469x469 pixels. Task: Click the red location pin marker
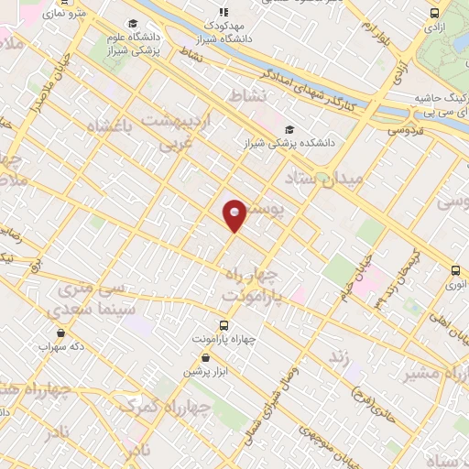[x=234, y=214]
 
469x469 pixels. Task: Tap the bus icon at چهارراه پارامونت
[x=224, y=325]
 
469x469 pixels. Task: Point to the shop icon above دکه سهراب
[x=60, y=333]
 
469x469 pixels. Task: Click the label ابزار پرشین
[x=202, y=371]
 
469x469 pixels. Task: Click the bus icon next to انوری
[x=455, y=270]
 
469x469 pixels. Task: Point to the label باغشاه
[x=110, y=125]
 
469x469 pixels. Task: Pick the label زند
[x=340, y=354]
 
